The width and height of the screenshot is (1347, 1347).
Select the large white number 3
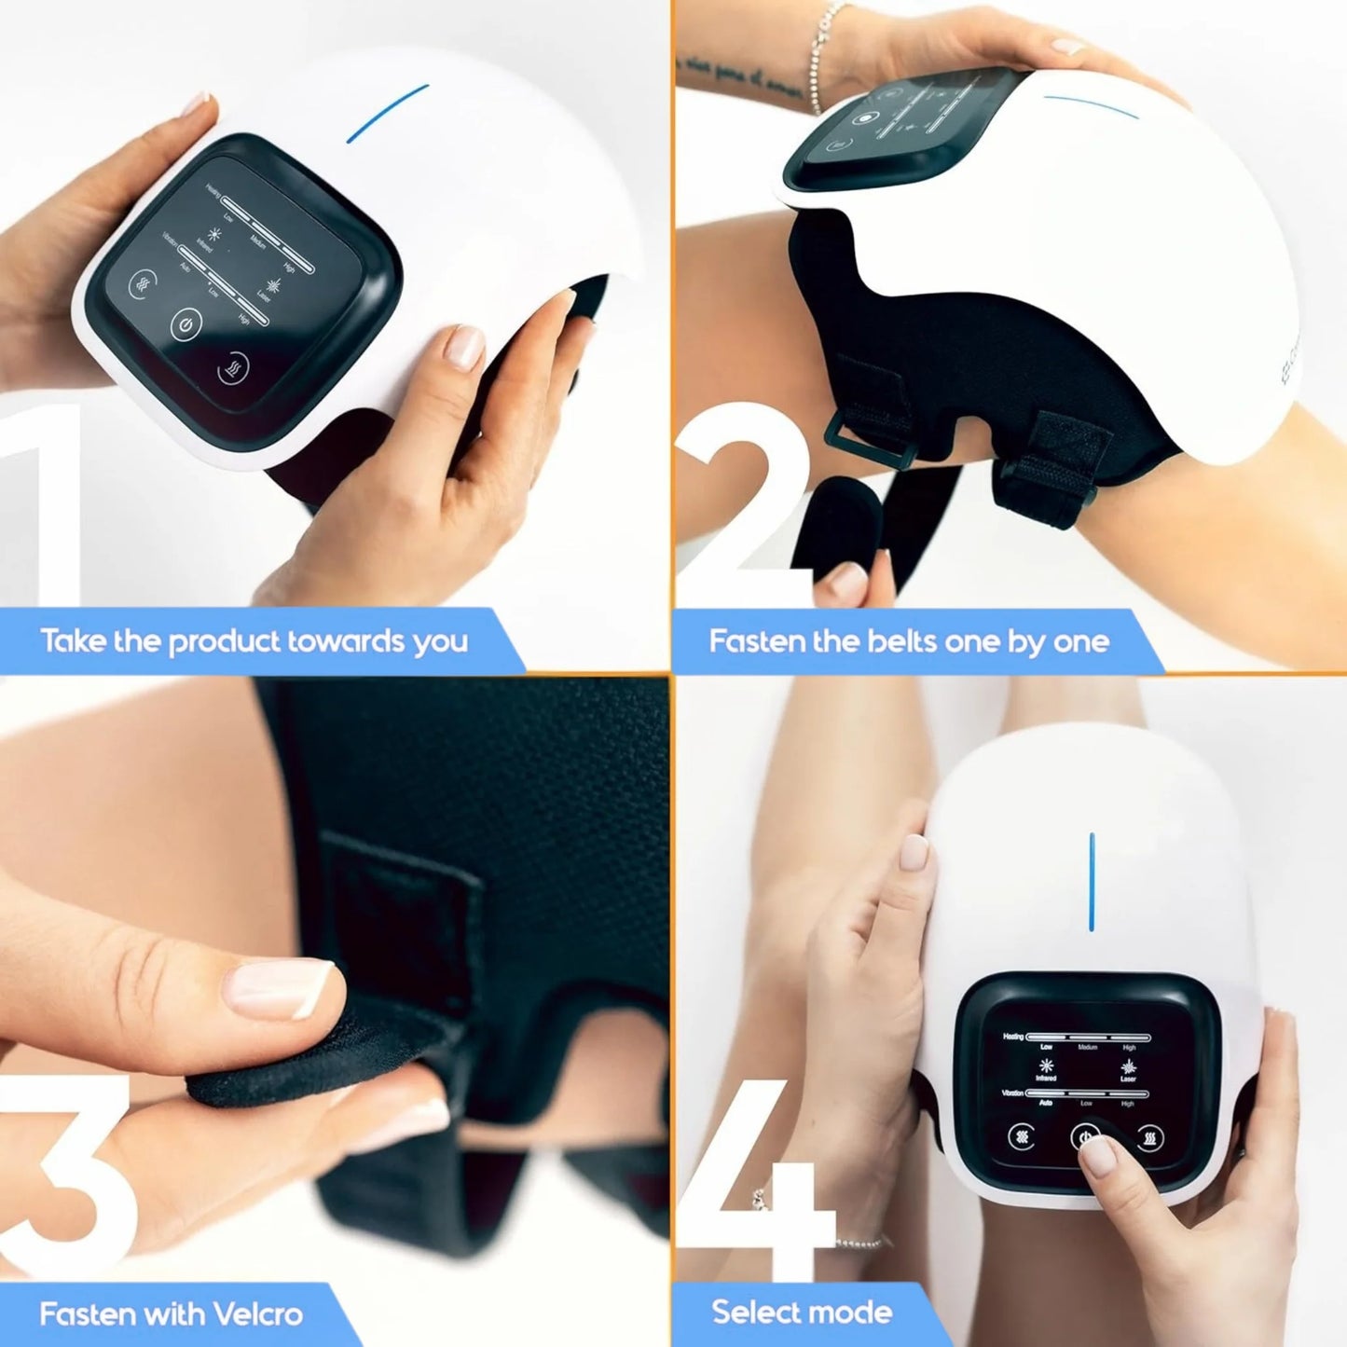65,1175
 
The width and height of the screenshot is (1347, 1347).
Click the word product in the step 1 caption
224,642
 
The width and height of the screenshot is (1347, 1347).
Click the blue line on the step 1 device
388,114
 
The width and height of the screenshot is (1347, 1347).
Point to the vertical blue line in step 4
1092,881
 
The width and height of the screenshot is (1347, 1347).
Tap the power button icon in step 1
186,324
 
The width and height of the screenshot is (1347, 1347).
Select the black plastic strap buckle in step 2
856,439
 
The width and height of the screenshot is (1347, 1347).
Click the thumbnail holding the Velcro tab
280,988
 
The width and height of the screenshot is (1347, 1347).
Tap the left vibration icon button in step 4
1023,1136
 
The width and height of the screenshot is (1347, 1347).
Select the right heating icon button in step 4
1150,1137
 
